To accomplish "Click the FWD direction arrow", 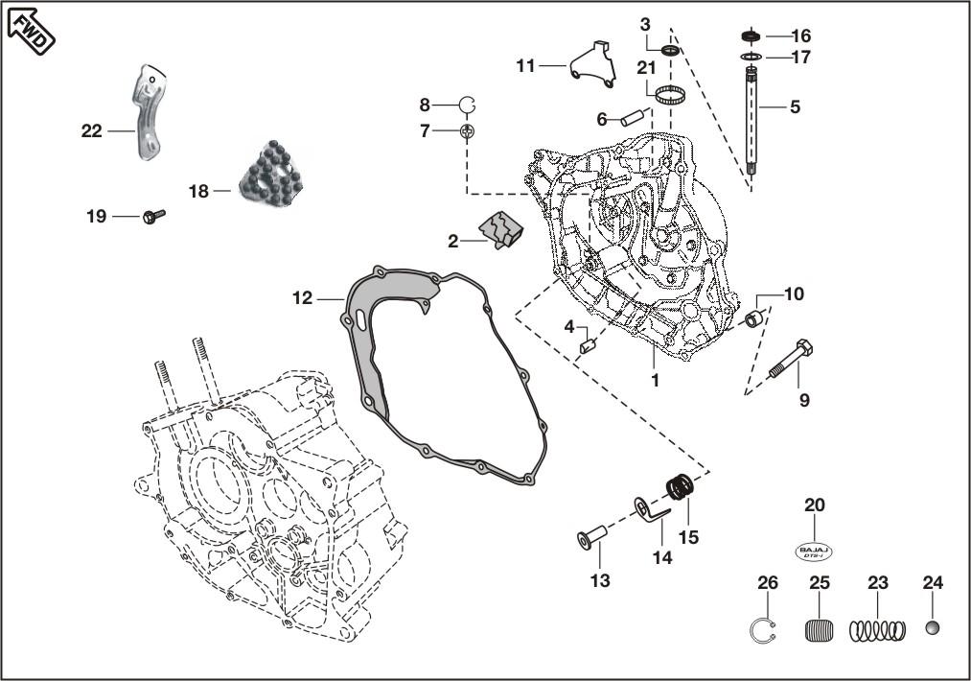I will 31,29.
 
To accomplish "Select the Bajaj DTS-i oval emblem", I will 814,552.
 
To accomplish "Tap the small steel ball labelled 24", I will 933,628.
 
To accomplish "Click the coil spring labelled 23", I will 877,630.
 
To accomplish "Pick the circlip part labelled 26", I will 762,630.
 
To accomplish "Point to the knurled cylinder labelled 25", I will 819,631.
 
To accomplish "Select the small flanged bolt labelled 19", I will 152,217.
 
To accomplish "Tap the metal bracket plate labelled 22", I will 145,111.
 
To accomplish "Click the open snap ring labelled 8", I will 467,105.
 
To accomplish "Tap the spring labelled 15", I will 680,489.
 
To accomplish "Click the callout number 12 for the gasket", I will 302,298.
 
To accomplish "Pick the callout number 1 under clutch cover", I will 655,380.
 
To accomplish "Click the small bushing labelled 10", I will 756,317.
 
